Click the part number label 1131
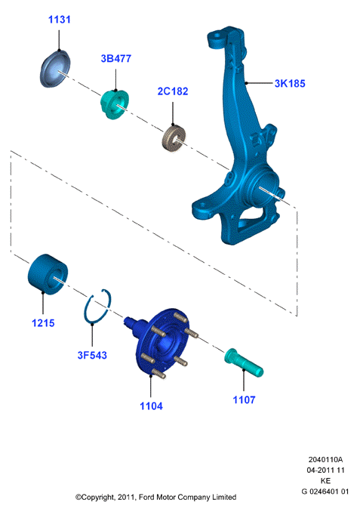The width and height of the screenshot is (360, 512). [x=60, y=20]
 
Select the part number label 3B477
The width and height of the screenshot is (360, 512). [x=116, y=58]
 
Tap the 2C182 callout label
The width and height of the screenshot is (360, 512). [x=173, y=91]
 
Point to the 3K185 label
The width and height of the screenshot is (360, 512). [x=290, y=83]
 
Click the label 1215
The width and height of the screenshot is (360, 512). [x=43, y=323]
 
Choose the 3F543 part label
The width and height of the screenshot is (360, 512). [x=92, y=355]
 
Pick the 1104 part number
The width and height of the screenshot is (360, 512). [x=151, y=406]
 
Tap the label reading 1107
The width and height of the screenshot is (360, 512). [x=244, y=399]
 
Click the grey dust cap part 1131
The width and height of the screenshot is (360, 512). [x=55, y=69]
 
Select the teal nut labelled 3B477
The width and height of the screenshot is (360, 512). [x=115, y=104]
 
